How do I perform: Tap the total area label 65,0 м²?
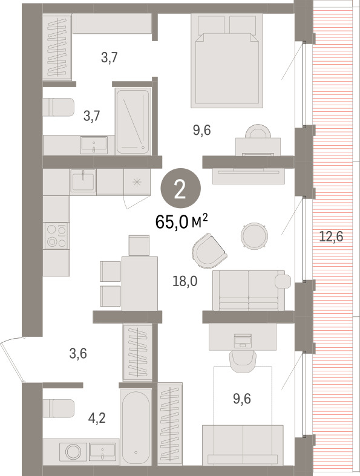(182, 222)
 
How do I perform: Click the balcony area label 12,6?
(331, 236)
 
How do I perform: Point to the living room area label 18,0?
(185, 282)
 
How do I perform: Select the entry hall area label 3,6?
(78, 354)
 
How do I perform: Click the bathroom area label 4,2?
(97, 419)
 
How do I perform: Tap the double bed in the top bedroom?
(227, 60)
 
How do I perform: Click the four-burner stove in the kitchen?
(56, 236)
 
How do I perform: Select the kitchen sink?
(83, 180)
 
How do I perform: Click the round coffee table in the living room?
(254, 236)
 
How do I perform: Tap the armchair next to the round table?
(208, 250)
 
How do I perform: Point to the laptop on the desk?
(243, 341)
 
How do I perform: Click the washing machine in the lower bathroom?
(73, 452)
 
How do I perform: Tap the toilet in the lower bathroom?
(58, 408)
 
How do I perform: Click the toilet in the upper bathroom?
(58, 107)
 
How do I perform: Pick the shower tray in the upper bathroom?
(133, 121)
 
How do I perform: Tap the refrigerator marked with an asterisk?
(137, 182)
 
